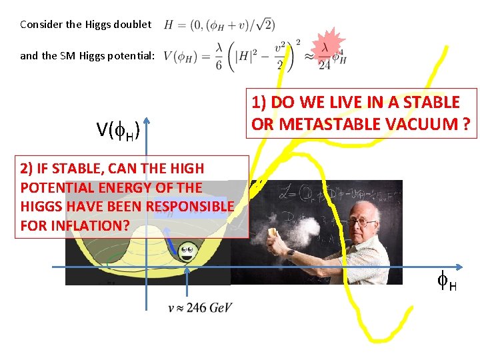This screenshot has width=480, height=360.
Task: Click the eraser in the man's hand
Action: point(272,232)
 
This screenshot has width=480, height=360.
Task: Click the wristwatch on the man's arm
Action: point(291,253)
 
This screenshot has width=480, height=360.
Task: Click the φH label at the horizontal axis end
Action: point(447,283)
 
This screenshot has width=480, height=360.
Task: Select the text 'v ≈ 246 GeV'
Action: point(201,308)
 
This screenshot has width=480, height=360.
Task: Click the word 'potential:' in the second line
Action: point(132,56)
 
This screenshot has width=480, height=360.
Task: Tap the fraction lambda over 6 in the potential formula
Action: point(219,61)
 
